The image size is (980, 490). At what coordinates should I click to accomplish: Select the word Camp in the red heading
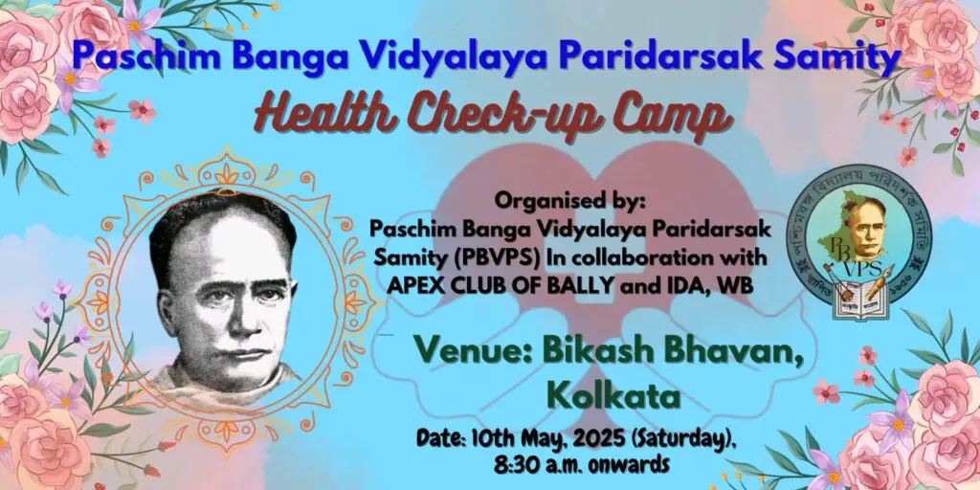(x=669, y=116)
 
